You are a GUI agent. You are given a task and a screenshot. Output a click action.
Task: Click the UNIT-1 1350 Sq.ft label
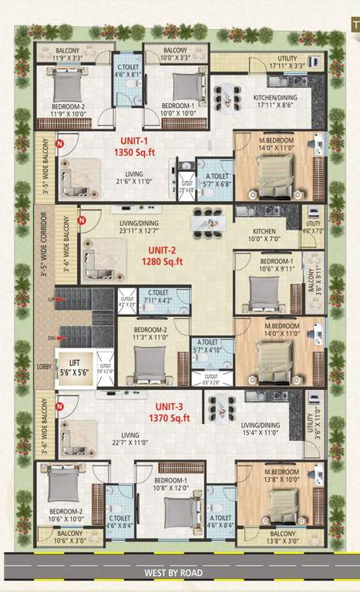(136, 147)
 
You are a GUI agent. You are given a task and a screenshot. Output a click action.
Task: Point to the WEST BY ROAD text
(178, 573)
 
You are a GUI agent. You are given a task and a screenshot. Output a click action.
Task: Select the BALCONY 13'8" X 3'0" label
(283, 537)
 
